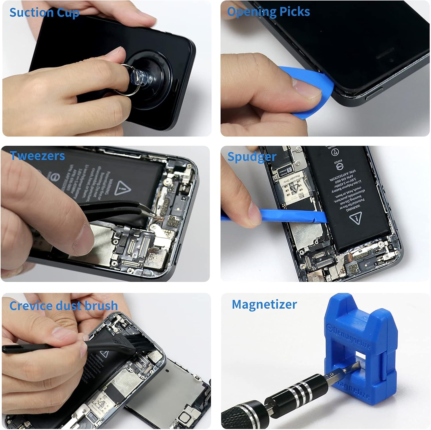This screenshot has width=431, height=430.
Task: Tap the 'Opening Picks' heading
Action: click(268, 12)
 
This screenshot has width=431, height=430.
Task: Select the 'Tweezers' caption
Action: click(37, 156)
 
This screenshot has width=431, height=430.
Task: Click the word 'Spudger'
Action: click(252, 157)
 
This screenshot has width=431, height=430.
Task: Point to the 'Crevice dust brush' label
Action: click(64, 306)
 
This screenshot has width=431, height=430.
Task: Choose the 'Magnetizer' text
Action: click(264, 304)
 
